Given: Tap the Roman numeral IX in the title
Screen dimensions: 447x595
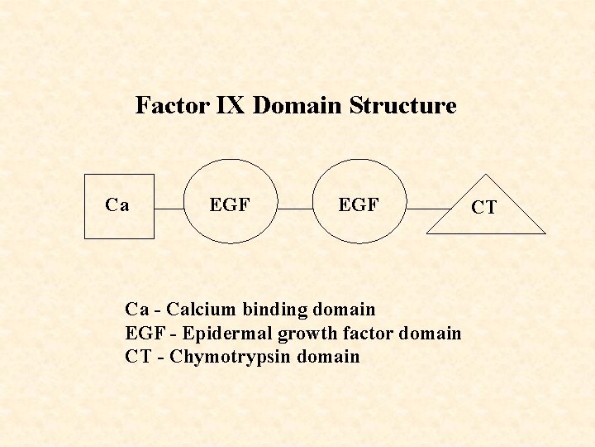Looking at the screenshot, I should pyautogui.click(x=232, y=106).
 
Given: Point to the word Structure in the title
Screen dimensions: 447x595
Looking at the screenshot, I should pyautogui.click(x=402, y=106).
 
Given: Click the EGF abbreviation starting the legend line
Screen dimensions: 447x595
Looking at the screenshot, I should pyautogui.click(x=145, y=334).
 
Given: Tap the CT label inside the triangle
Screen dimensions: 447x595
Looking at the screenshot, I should pyautogui.click(x=483, y=207).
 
